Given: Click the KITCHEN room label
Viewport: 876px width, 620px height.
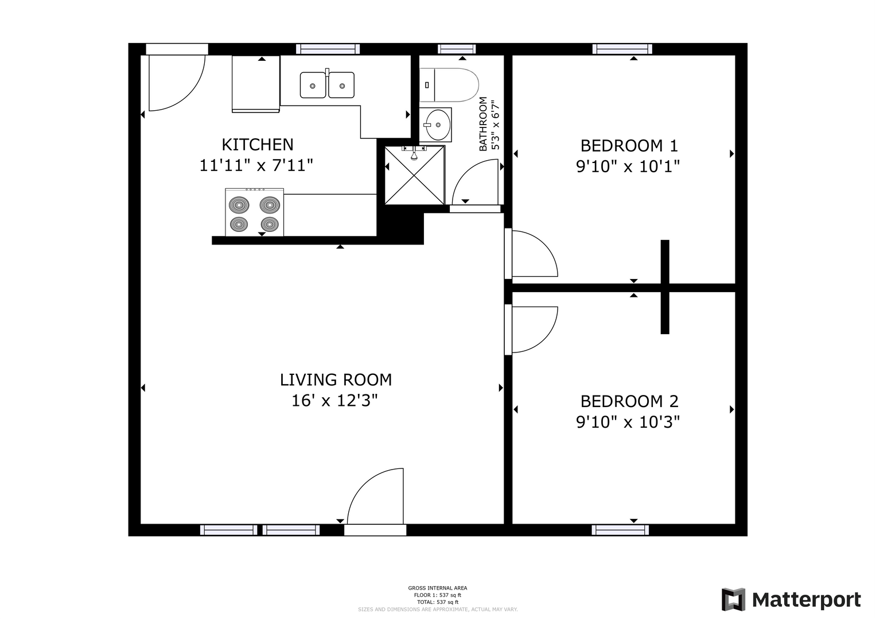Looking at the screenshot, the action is [258, 145].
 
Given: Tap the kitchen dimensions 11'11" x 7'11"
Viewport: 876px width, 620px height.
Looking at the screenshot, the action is [256, 165].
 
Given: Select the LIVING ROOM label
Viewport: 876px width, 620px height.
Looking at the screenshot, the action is [336, 379].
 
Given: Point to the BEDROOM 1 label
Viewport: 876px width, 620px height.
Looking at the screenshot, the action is [629, 146].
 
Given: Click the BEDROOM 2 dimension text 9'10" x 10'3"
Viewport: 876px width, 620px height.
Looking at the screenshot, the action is [628, 423].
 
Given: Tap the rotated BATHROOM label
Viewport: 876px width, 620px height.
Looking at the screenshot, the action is [484, 123].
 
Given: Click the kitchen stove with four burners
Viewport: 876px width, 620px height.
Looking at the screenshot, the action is [254, 212].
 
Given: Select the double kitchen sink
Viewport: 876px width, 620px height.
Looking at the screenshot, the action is [327, 84].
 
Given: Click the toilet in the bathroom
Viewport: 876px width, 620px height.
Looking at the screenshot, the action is [449, 85].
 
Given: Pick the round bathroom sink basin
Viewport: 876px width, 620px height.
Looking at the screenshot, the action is [438, 125].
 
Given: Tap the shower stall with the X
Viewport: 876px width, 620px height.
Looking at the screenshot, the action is [415, 175].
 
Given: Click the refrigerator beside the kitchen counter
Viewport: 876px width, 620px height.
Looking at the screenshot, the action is [256, 84].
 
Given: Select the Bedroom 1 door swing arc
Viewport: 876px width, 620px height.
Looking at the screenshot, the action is [545, 245].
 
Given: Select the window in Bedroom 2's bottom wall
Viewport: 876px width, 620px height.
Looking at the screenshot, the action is [620, 530].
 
